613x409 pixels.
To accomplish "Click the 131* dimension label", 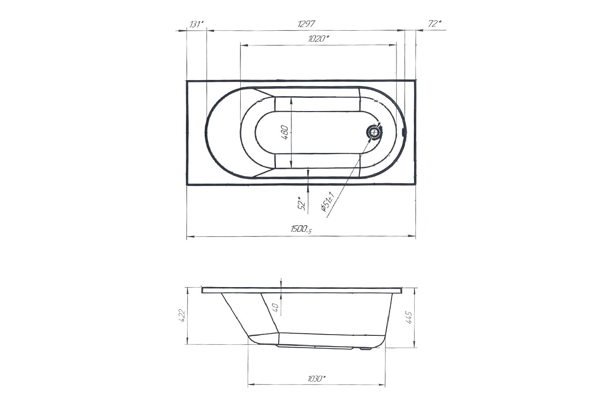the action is [197, 25].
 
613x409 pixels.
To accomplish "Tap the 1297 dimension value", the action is [306, 24].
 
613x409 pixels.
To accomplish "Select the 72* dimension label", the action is [435, 24].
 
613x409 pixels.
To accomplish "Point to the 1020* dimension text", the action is [318, 39].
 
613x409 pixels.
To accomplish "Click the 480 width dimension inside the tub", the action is [284, 133].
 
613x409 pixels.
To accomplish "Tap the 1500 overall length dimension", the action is [301, 229].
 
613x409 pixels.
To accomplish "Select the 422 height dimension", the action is [182, 315].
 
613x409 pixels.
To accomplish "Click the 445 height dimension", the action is [409, 317].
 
